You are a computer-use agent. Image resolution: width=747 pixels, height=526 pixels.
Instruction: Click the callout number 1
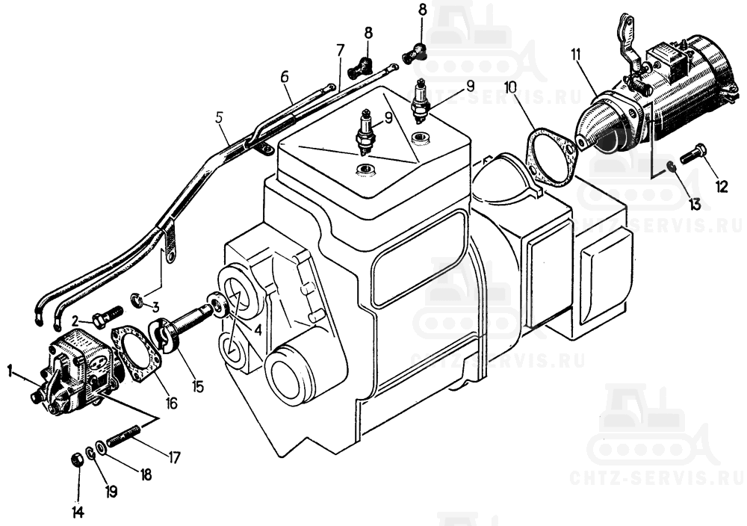[10, 371]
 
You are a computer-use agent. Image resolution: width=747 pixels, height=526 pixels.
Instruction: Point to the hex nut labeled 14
[77, 461]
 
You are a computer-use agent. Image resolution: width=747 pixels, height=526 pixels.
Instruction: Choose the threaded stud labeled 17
[123, 436]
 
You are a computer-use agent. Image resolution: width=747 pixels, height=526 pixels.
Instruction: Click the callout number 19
[111, 491]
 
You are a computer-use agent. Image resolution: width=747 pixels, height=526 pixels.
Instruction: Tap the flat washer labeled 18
[101, 448]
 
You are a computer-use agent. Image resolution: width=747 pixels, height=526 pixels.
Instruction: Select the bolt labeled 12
[693, 155]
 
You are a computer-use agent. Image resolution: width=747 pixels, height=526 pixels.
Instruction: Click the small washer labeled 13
[670, 166]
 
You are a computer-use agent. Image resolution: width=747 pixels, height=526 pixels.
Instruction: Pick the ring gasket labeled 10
[552, 155]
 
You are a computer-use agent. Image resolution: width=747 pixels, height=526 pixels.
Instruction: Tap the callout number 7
[340, 50]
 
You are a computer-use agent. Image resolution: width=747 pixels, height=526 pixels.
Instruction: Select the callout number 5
[219, 118]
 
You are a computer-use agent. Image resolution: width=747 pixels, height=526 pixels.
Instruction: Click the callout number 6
[285, 76]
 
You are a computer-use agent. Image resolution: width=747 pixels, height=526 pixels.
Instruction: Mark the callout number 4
[257, 329]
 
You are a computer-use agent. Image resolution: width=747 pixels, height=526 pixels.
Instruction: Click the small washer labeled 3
[137, 300]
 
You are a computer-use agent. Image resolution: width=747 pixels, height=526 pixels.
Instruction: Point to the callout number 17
[173, 457]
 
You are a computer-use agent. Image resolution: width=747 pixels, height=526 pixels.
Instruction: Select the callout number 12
[722, 186]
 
